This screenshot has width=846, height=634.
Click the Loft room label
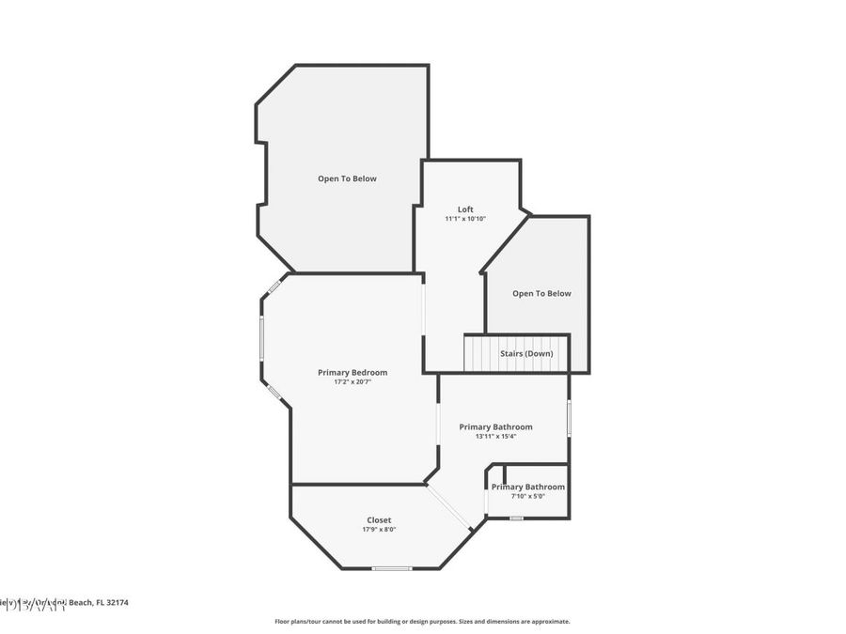[465, 209]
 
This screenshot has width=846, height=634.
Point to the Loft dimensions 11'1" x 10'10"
[465, 219]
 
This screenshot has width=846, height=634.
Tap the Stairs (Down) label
[526, 353]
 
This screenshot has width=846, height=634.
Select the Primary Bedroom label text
[352, 373]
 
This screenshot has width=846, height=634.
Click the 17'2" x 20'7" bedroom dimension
[352, 382]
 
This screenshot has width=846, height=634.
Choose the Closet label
[379, 520]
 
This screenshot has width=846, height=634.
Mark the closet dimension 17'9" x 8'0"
[379, 530]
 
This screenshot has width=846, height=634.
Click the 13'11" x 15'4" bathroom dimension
[495, 436]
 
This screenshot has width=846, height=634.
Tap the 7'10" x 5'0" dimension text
[527, 496]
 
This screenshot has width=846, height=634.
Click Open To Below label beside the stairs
[541, 293]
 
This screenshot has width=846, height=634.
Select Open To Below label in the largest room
[347, 178]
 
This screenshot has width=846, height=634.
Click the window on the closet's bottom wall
[391, 568]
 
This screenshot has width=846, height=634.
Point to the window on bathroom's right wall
[569, 417]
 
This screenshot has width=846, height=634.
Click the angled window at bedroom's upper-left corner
[274, 286]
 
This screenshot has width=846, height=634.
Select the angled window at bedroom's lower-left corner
[274, 392]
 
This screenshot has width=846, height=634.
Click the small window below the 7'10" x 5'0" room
[516, 518]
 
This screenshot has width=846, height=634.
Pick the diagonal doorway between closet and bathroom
[449, 508]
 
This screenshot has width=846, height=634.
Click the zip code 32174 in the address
[117, 603]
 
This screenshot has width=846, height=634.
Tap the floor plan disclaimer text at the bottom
[422, 622]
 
